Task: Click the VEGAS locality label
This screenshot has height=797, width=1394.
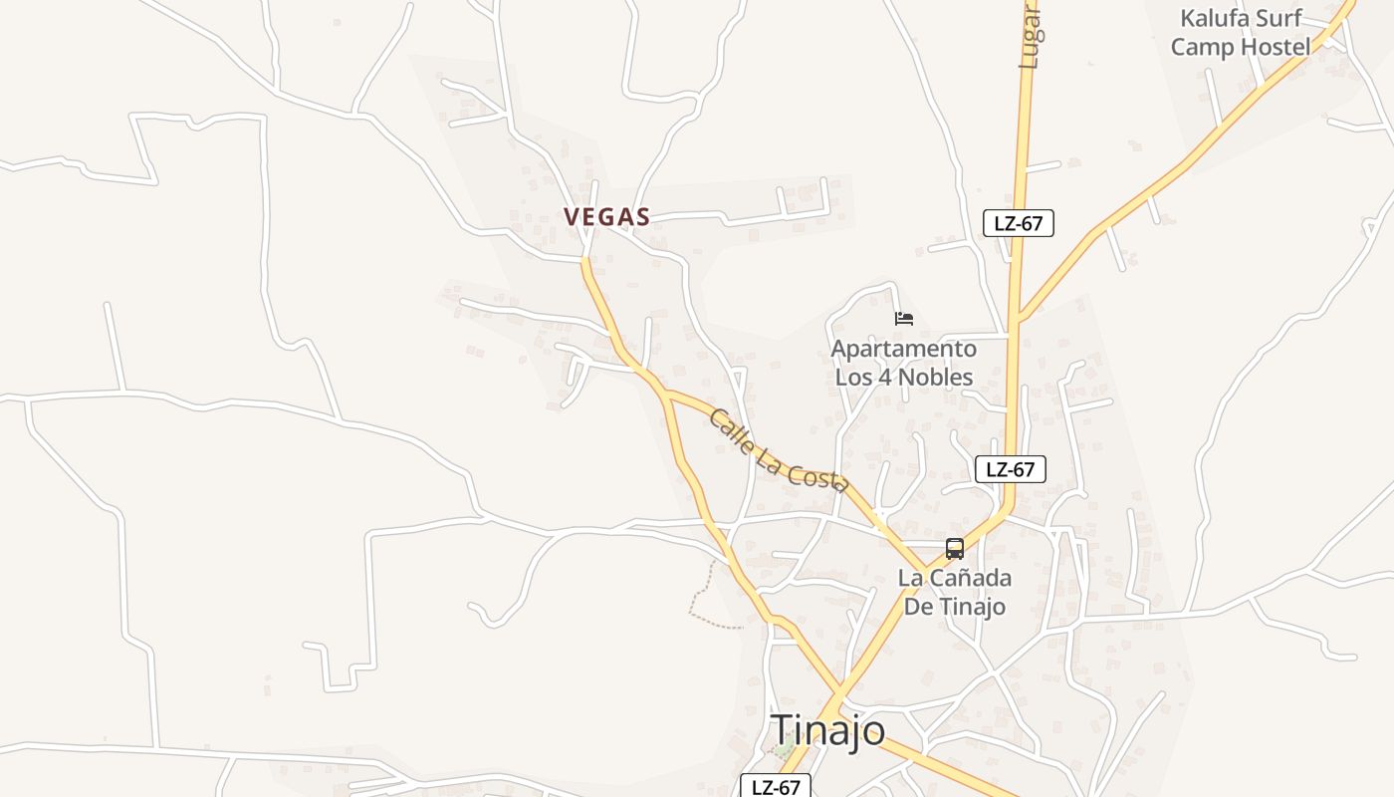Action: (606, 216)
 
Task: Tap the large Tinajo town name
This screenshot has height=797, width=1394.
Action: (828, 730)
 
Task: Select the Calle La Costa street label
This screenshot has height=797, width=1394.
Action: (778, 451)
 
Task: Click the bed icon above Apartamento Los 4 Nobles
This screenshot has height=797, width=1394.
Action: (904, 319)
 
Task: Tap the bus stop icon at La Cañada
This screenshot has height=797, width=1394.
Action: (955, 548)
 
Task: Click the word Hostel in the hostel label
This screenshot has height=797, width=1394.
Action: (1277, 47)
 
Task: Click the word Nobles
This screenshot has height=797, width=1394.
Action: (935, 377)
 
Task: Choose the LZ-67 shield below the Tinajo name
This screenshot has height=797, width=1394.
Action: (776, 787)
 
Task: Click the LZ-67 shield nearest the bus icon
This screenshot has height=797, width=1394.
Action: (1011, 469)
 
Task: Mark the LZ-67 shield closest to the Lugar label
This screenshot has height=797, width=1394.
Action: (1019, 223)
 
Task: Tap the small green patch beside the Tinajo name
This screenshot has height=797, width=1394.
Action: (784, 746)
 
